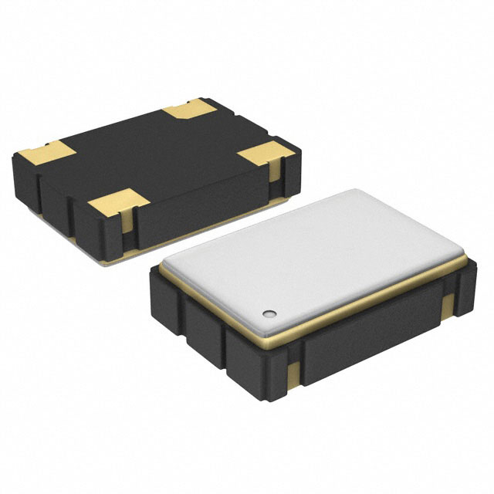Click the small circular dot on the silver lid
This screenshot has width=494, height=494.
(x=269, y=313)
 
